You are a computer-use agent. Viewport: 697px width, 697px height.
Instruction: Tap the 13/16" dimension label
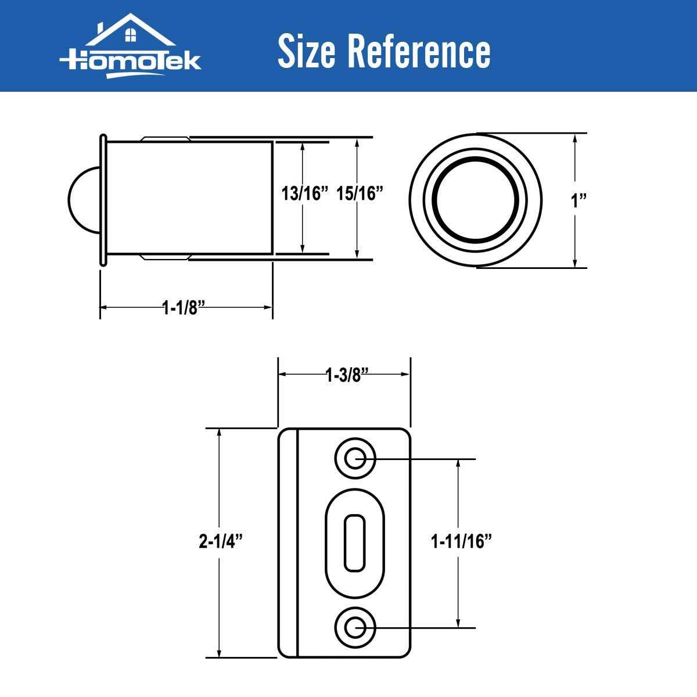305,194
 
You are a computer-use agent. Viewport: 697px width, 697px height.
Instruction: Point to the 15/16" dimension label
360,194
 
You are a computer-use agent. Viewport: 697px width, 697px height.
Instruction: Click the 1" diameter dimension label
579,201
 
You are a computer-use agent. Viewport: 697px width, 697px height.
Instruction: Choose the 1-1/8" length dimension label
185,307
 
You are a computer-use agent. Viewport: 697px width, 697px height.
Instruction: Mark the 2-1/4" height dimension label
220,542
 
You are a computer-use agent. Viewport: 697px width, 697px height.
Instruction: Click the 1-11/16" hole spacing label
461,542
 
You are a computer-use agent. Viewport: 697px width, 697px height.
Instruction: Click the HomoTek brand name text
130,62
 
